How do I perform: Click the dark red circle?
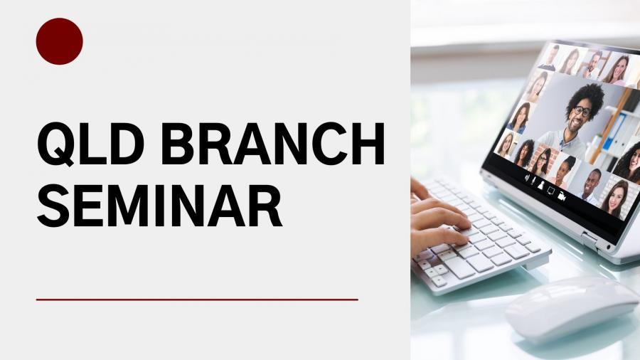pos(60,41)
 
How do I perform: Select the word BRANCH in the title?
pos(273,144)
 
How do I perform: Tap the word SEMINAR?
pos(159,206)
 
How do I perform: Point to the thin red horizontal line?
pos(197,300)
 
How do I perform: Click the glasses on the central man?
pos(581,110)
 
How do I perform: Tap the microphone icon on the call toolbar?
pos(533,180)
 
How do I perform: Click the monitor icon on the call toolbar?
pos(551,190)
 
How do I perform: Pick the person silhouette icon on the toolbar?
pos(541,185)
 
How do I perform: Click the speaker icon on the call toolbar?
pos(527,178)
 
